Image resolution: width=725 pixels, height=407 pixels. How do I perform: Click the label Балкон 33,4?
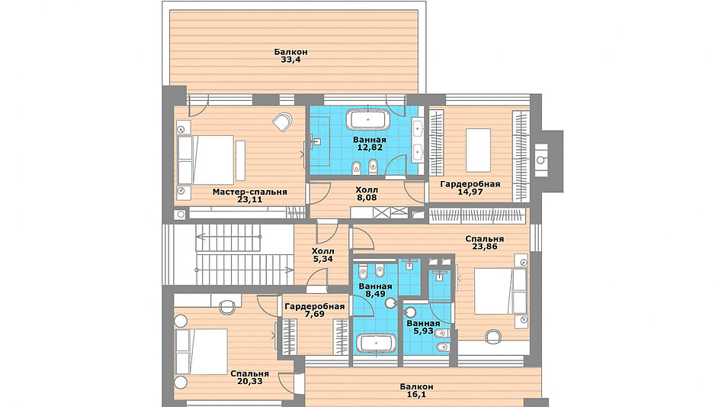(290, 56)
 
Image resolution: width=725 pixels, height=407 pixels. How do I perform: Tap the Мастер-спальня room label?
(250, 192)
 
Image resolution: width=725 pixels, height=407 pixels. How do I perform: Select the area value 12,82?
(370, 147)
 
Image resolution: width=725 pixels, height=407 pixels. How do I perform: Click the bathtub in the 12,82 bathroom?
(368, 120)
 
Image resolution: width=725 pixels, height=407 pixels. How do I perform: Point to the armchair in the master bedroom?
(282, 121)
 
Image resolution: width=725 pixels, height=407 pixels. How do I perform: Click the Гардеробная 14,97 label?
(470, 188)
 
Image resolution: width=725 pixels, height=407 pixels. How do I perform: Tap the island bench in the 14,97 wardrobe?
(478, 150)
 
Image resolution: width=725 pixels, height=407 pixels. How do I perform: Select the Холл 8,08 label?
(367, 193)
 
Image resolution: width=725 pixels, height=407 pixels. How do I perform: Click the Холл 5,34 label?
(322, 255)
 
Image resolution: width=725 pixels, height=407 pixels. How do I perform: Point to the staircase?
(245, 255)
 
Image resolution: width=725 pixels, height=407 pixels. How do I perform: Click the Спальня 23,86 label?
(485, 243)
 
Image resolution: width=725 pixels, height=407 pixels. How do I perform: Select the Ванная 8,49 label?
(375, 290)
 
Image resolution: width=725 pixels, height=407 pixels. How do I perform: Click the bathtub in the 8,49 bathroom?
(376, 344)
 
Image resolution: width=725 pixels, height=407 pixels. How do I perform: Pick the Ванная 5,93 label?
(423, 327)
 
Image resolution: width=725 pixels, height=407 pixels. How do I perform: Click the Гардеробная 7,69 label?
(314, 310)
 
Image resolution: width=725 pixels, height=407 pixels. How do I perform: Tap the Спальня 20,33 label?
(250, 377)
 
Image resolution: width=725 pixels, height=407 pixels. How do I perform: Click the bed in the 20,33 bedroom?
(201, 351)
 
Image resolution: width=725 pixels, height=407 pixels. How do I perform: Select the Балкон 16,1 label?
(416, 390)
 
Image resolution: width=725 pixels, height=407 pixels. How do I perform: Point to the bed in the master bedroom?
(206, 160)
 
